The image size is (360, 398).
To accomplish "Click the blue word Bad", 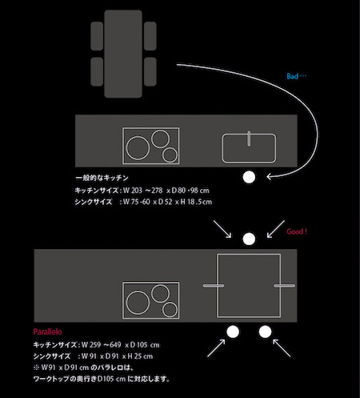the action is click(x=292, y=76).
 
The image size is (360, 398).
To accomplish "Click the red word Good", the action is click(x=294, y=231).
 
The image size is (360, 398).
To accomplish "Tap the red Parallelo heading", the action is click(x=47, y=332).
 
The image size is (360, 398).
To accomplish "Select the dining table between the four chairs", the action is click(x=123, y=54).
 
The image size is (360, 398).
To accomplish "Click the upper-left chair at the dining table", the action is click(x=97, y=36).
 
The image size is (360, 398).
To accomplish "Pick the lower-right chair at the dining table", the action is click(x=150, y=71).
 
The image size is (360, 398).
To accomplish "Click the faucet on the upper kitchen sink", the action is click(x=249, y=139).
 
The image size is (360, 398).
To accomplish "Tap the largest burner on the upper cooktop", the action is click(x=138, y=148).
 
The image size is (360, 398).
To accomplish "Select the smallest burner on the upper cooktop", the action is click(x=170, y=155).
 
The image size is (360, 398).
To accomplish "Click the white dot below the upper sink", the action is click(x=249, y=177).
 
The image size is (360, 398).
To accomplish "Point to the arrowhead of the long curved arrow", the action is click(x=267, y=176).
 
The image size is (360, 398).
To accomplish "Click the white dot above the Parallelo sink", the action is click(x=249, y=239).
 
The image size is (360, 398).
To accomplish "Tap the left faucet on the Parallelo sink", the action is click(x=214, y=286).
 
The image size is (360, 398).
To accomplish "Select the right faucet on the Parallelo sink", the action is click(x=285, y=286).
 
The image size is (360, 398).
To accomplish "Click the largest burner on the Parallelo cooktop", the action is click(x=138, y=303).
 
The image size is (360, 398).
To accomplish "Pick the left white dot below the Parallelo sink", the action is click(x=233, y=332).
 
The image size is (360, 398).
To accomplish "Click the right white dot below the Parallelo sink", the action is click(x=265, y=332).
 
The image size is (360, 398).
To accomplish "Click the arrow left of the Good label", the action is click(x=276, y=229).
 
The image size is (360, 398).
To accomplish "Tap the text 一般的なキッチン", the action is click(x=102, y=178).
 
